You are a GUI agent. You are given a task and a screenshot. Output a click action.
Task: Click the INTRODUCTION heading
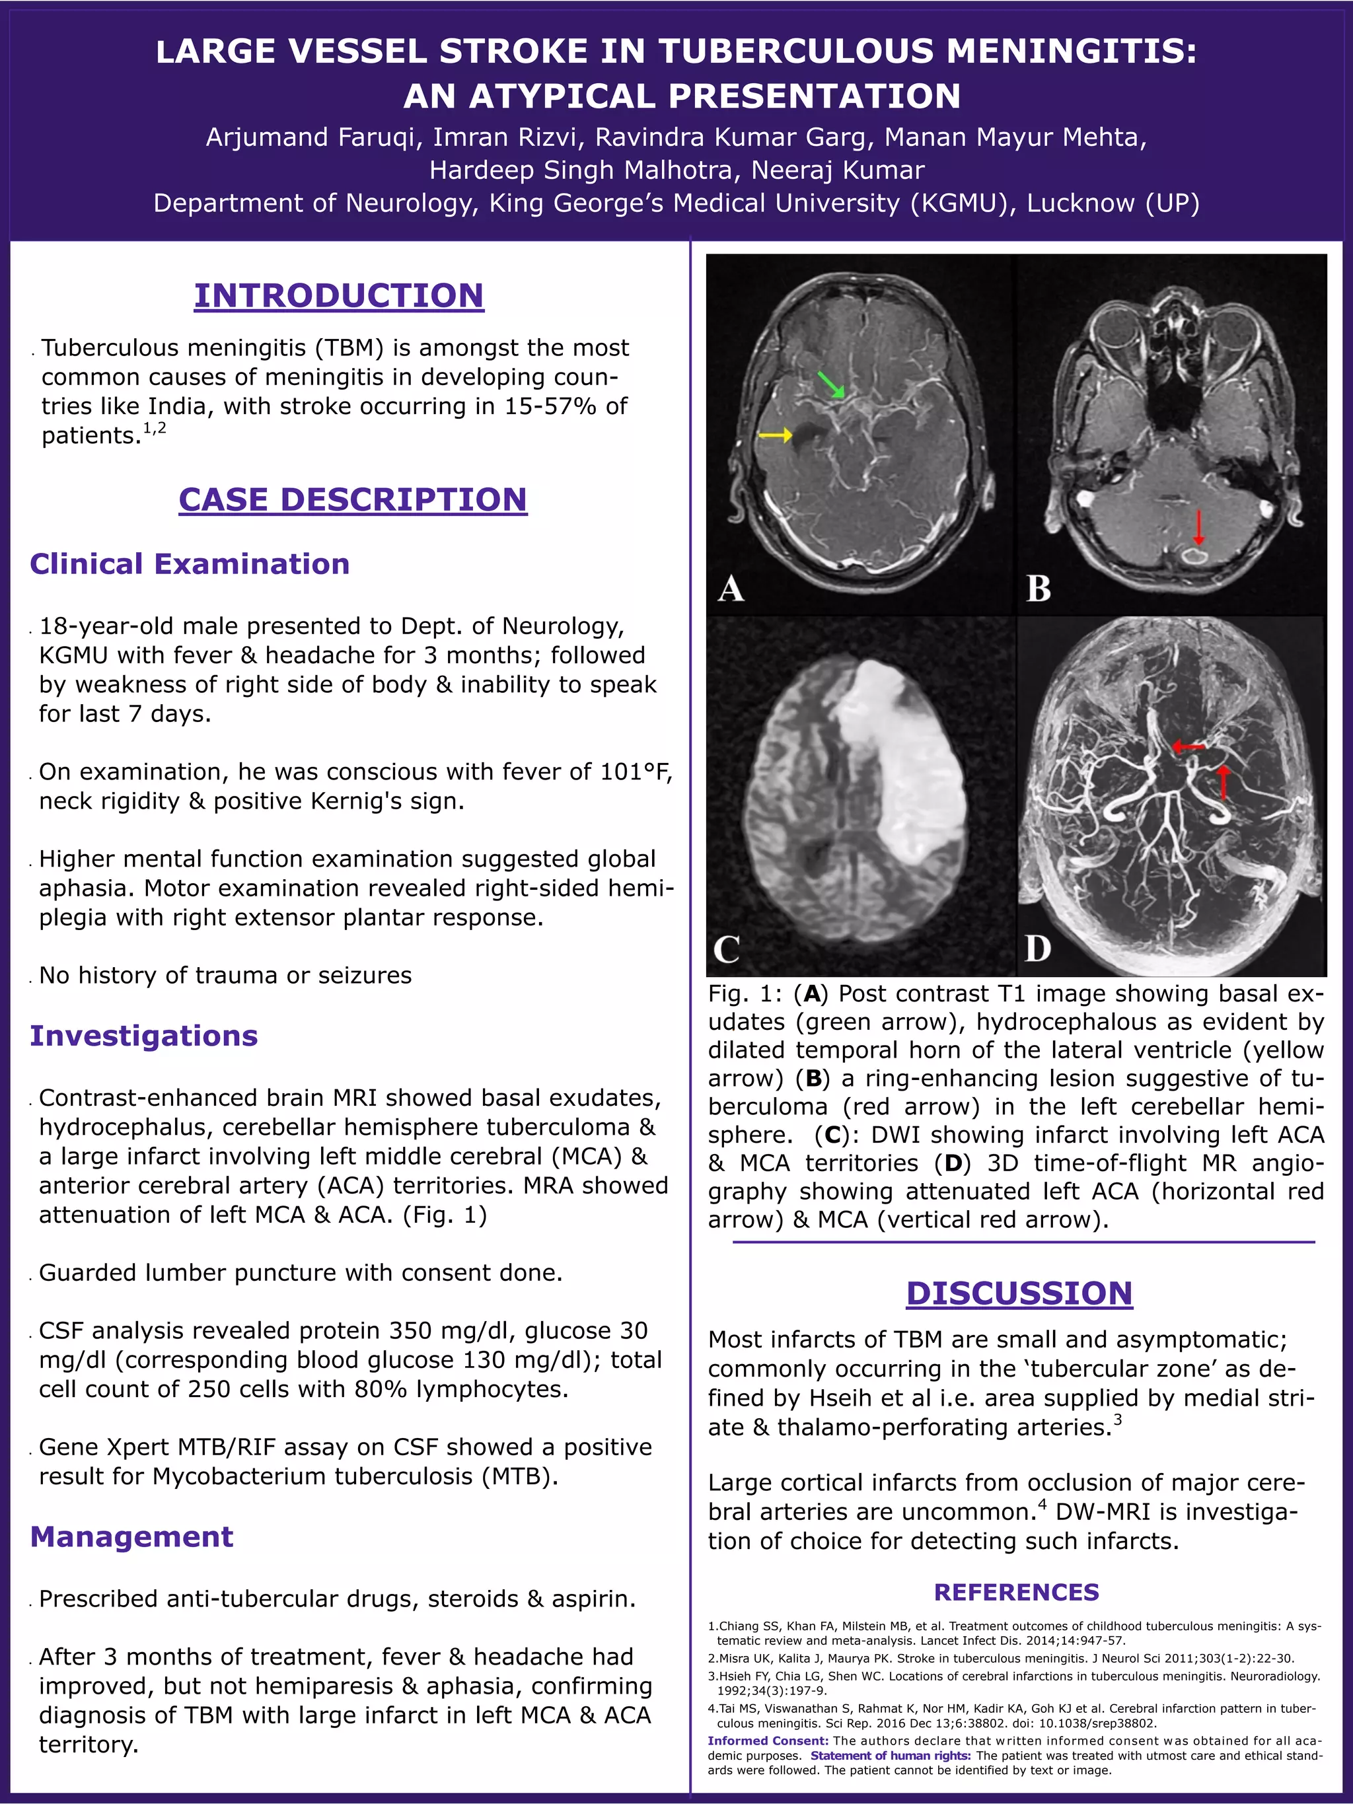[338, 295]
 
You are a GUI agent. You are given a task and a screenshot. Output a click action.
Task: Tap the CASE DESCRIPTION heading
[352, 499]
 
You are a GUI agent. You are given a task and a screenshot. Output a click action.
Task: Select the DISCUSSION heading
[1019, 1293]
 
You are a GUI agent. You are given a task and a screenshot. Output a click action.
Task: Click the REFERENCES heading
[1016, 1592]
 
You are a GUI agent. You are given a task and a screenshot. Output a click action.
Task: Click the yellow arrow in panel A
[775, 435]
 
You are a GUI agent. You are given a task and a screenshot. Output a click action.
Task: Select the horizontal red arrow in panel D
[1188, 746]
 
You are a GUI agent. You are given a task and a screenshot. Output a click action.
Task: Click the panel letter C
[726, 949]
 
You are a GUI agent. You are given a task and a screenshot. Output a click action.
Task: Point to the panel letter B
[1038, 588]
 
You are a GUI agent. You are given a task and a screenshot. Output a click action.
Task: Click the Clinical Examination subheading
[189, 563]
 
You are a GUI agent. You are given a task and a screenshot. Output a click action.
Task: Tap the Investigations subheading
[143, 1035]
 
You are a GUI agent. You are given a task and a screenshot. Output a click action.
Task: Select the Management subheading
[131, 1536]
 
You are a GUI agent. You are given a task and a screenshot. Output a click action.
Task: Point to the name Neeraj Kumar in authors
[838, 170]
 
